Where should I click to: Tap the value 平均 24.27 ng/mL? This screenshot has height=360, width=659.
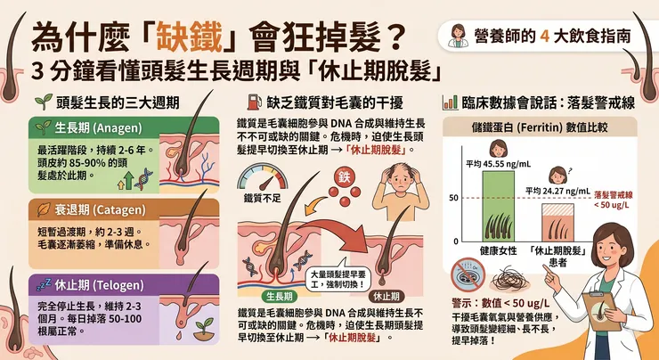click(x=557, y=190)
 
